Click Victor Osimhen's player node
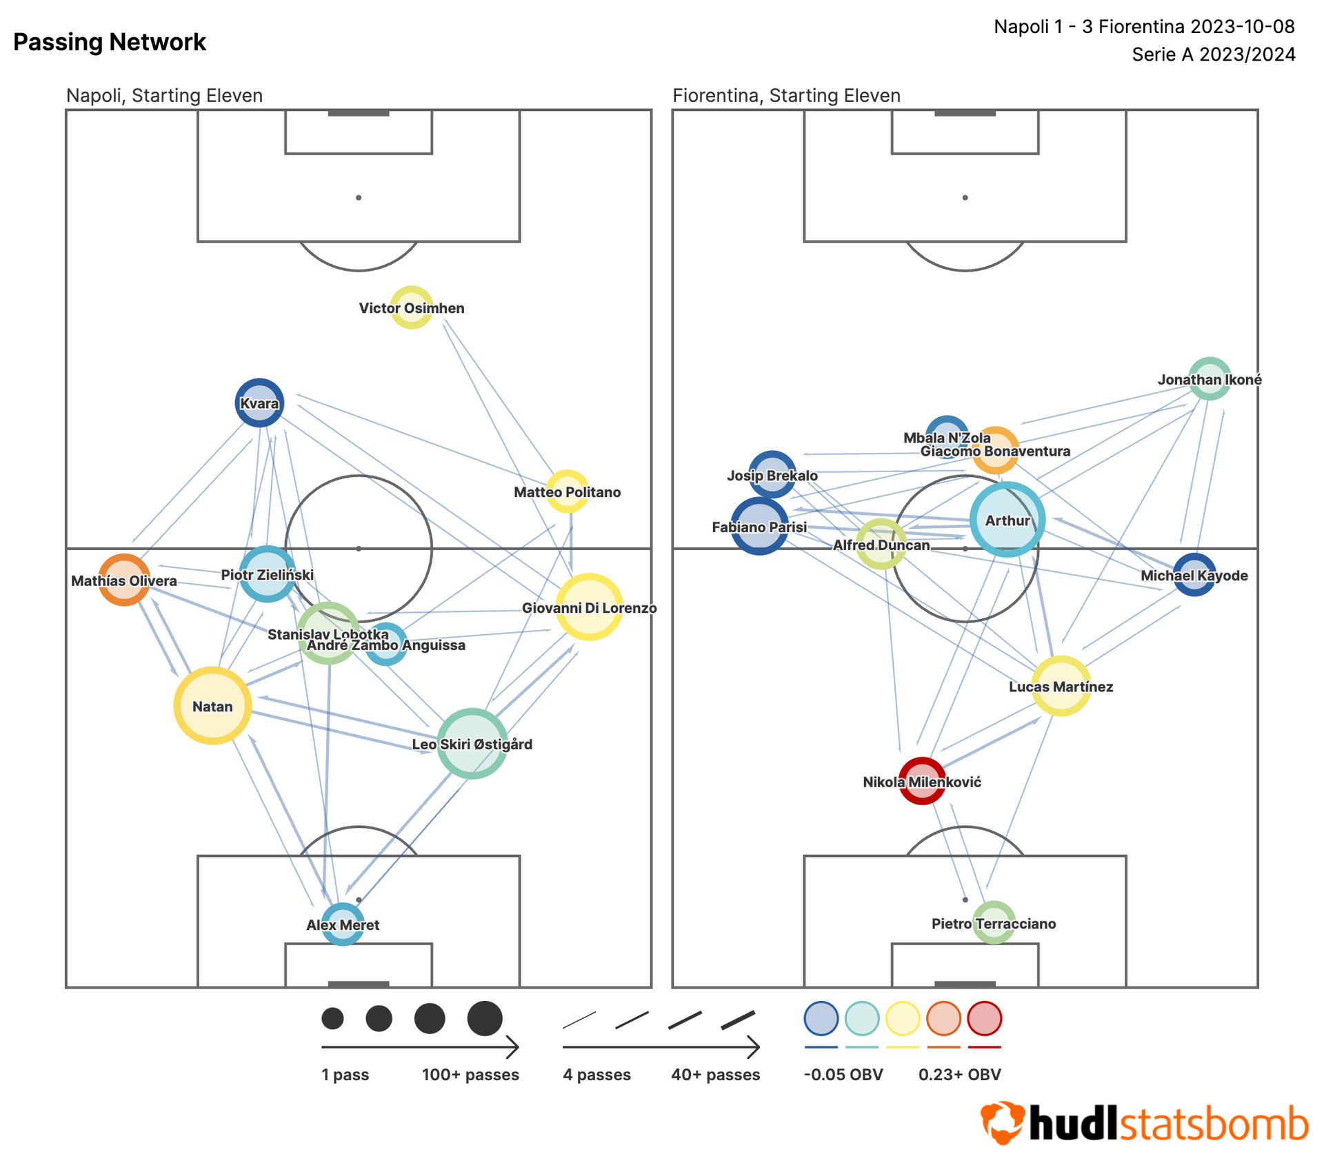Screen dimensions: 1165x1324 412,307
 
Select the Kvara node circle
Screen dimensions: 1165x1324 259,403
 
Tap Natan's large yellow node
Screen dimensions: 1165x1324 212,705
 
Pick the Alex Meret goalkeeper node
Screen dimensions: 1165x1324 343,924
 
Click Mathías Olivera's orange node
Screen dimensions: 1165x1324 124,580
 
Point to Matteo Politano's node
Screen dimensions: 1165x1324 567,491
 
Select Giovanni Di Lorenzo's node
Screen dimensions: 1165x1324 590,607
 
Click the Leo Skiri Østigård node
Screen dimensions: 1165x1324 472,743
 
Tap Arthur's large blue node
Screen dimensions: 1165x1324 1007,520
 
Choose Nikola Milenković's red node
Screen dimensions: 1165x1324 922,781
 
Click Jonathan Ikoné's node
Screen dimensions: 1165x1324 1210,378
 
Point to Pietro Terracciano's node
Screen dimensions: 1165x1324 994,922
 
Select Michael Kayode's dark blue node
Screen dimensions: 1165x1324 1194,574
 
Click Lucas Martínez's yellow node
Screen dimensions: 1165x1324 1061,686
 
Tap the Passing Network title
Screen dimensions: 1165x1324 110,42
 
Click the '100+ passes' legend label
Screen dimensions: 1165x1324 470,1074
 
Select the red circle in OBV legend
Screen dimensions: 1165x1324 984,1018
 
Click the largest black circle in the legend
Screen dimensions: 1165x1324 485,1018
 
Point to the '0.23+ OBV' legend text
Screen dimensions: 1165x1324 959,1074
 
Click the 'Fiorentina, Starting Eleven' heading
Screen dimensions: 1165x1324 786,95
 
